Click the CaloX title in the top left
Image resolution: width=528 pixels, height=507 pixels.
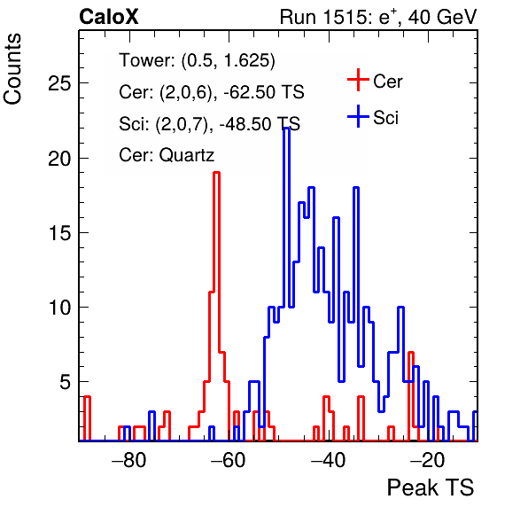109,17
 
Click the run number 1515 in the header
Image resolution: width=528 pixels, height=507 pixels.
344,17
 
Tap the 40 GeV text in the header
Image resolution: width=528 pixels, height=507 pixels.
443,17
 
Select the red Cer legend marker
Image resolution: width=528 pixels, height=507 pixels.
358,80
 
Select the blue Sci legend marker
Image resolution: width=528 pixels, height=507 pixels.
358,116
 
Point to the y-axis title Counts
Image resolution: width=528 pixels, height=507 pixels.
12,69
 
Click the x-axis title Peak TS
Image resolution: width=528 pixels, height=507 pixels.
431,487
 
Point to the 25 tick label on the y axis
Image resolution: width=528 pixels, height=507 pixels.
59,82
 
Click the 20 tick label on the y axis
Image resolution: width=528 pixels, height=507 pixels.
59,158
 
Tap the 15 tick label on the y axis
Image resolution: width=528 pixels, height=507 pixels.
59,233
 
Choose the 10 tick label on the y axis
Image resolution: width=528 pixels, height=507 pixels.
59,308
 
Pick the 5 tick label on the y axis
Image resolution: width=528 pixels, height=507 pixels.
66,382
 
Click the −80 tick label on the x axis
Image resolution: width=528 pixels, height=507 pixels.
129,460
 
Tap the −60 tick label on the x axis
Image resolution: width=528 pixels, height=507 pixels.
229,460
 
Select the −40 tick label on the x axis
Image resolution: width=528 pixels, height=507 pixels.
328,460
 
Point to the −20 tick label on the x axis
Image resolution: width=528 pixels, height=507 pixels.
427,460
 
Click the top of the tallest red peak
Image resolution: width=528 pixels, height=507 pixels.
217,173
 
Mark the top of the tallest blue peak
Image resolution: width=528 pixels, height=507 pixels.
286,128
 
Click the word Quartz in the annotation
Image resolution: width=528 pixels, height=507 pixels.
187,155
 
